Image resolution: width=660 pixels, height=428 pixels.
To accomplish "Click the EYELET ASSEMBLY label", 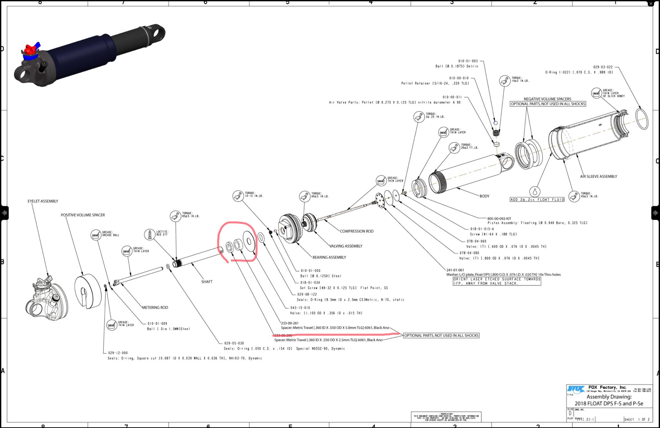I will (43, 201).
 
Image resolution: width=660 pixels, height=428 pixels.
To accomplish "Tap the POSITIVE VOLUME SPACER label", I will (83, 215).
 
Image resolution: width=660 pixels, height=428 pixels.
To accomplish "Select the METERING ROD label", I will (155, 308).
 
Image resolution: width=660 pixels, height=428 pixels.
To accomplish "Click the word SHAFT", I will (207, 282).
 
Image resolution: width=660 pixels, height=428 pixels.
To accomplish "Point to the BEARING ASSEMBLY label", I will (329, 257).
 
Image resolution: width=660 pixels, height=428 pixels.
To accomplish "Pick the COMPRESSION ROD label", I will (357, 231).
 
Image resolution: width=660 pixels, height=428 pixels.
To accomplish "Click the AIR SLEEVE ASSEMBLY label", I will (598, 177).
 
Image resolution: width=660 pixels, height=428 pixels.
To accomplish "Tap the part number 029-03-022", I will (603, 67).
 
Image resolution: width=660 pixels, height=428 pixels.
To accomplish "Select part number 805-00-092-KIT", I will (499, 219).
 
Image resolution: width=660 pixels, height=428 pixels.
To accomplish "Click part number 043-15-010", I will (300, 308).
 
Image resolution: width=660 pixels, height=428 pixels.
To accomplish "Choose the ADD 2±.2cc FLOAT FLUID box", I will (537, 200).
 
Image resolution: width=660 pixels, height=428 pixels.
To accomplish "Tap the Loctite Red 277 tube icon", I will (150, 234).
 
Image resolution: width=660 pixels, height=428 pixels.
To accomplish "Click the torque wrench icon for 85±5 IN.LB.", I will (175, 216).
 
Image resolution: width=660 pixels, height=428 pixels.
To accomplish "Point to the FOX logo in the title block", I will (576, 390).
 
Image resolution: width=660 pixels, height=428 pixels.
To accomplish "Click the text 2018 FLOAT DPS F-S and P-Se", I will (609, 403).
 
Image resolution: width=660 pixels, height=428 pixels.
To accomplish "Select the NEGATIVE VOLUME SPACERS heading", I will (547, 99).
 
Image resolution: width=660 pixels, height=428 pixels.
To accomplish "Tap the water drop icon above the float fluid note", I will (535, 192).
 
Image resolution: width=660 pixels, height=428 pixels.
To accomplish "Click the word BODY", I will (484, 196).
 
